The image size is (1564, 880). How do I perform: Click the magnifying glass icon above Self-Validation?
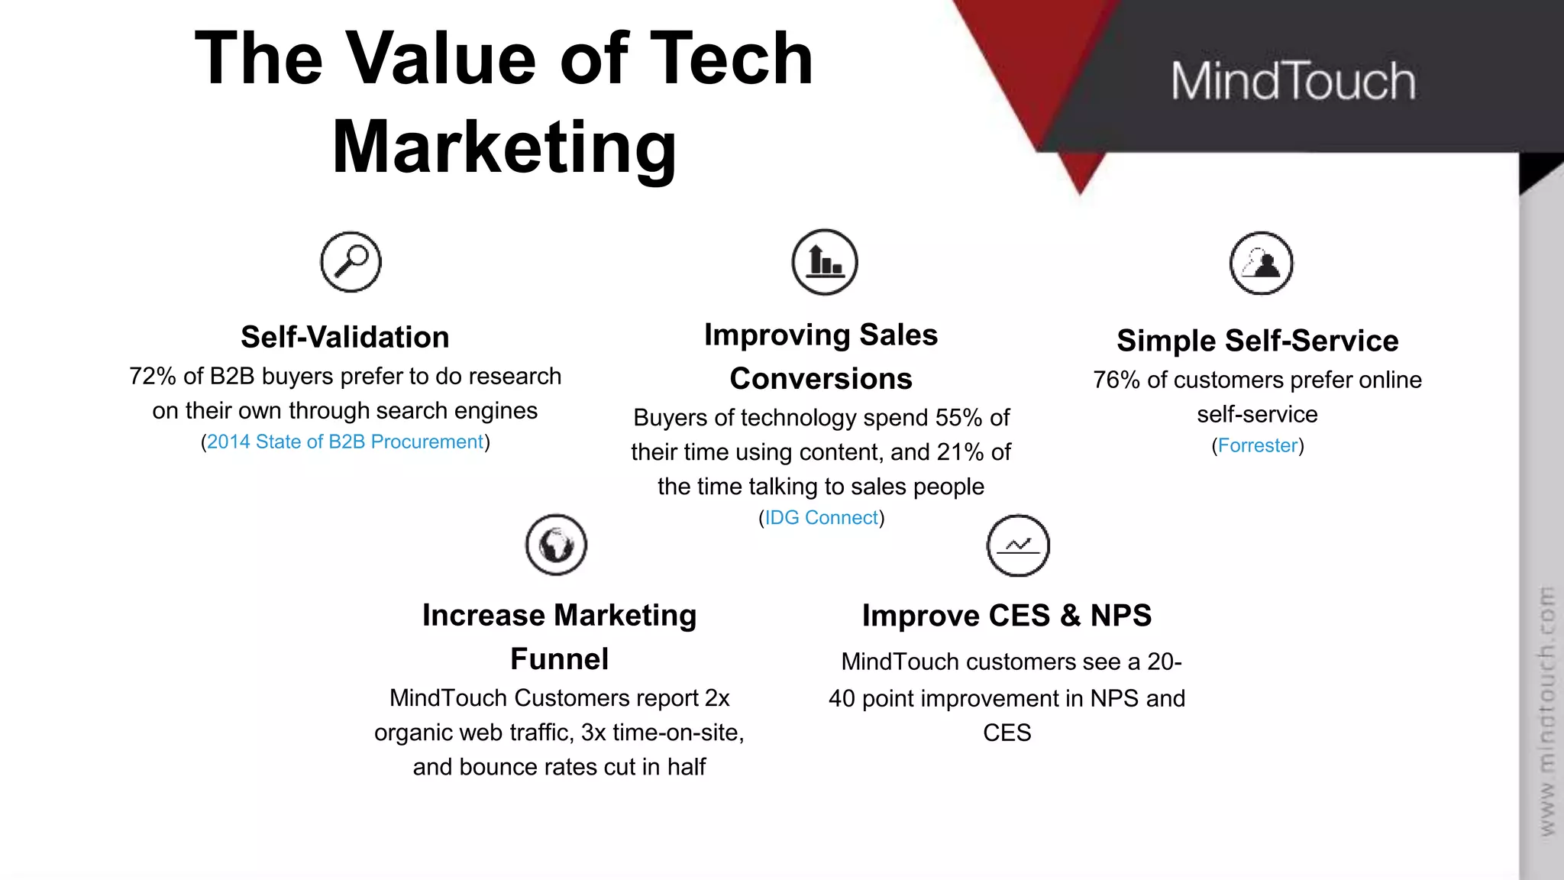coord(351,262)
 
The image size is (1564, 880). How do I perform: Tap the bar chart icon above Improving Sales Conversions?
coord(825,262)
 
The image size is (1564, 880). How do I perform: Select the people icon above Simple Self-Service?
coord(1261,264)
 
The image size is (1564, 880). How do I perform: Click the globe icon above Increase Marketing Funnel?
coord(556,545)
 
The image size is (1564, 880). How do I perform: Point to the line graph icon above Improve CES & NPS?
coord(1018,545)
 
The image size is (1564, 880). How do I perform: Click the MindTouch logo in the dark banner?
coord(1293,81)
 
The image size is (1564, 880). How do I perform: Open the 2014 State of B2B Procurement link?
coord(345,442)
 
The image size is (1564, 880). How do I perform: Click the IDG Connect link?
coord(822,518)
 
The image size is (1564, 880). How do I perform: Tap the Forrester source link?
coord(1258,446)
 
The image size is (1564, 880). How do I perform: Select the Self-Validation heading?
coord(345,338)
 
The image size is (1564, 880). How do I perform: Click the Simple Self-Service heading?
coord(1258,341)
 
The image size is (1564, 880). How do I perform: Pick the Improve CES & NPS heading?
coord(1007,616)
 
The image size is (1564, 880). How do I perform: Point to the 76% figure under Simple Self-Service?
coord(1116,380)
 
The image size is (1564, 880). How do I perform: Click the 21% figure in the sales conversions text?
coord(960,452)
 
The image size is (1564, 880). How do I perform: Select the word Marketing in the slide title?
coord(504,147)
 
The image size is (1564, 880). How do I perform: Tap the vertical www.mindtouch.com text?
coord(1546,710)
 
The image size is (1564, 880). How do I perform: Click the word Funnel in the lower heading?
coord(559,659)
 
